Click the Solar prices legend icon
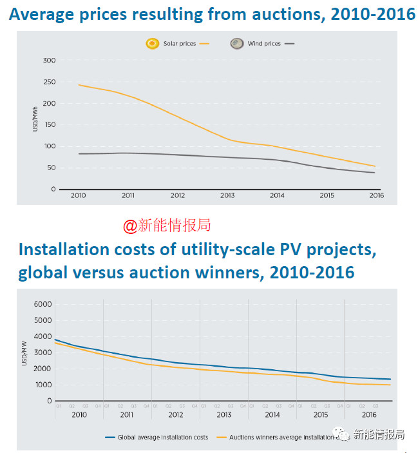point(152,44)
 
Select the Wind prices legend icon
point(237,44)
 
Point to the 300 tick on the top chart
point(49,61)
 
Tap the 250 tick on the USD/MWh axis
point(49,82)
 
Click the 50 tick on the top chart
point(51,168)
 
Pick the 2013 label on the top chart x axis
point(227,196)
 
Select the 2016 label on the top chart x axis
point(375,196)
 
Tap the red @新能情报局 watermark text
point(167,226)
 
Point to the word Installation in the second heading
point(67,250)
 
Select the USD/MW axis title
point(26,352)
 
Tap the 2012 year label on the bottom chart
point(175,415)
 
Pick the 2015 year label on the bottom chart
point(320,415)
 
